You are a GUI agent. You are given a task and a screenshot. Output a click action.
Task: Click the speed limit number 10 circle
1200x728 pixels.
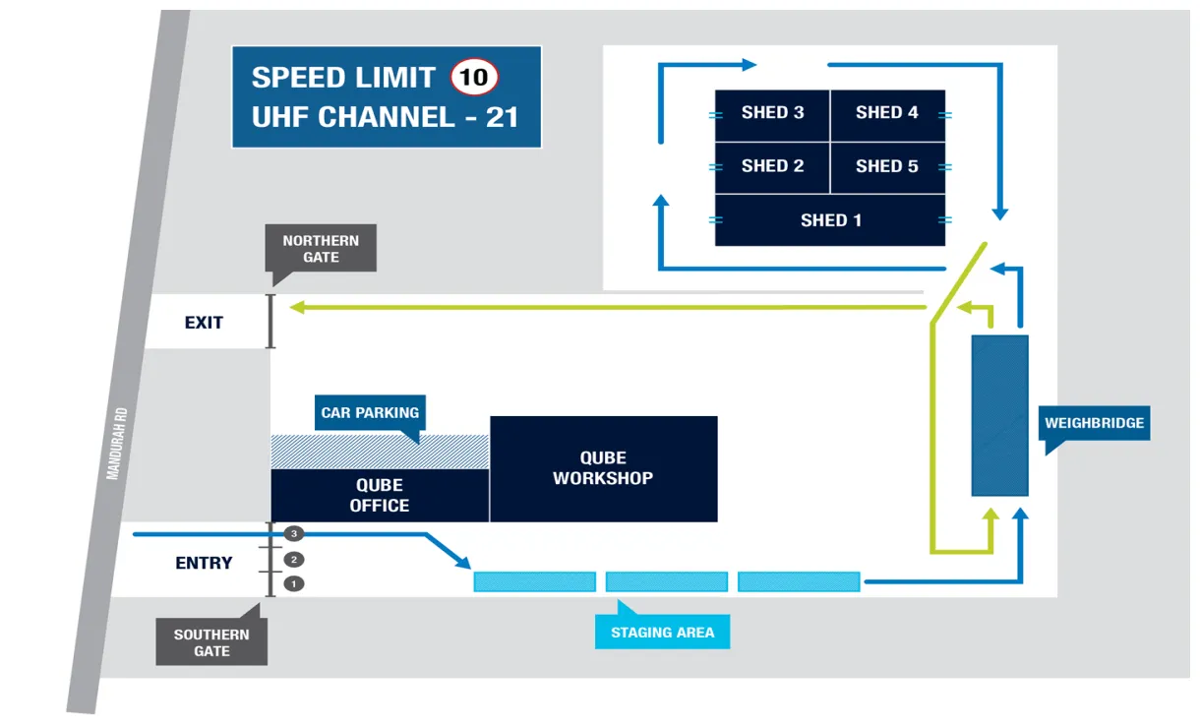(474, 77)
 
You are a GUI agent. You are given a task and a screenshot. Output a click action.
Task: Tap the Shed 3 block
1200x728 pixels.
(772, 114)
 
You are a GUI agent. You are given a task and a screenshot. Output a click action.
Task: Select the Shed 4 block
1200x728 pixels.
(887, 114)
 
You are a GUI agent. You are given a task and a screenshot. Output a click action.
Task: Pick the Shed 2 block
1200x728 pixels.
(772, 167)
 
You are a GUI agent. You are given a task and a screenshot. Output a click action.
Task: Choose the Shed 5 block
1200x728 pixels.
(887, 167)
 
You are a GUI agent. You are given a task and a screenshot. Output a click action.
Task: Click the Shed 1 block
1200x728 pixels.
(830, 220)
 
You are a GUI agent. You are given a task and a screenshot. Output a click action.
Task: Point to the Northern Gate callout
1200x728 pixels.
(321, 248)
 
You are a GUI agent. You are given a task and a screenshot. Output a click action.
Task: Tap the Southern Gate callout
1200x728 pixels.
(211, 642)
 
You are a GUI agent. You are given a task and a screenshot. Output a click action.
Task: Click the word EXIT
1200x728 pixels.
(204, 323)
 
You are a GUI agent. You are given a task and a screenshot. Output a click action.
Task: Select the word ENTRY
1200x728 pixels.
(204, 563)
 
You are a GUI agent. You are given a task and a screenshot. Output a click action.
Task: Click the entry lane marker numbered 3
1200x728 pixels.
(293, 533)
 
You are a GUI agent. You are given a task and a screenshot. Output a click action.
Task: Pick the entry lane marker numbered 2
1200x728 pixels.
(293, 560)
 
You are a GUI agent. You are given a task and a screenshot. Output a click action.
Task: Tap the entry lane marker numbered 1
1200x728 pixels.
(293, 584)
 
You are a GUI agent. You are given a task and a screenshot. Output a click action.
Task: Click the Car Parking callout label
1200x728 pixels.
(370, 413)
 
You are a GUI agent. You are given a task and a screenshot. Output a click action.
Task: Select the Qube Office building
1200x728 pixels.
(380, 495)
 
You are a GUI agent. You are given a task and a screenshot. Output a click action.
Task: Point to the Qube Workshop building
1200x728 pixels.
(603, 468)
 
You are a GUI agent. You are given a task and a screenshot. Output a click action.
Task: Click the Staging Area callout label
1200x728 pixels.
(662, 633)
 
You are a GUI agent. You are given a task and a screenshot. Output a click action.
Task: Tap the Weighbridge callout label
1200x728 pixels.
(1094, 423)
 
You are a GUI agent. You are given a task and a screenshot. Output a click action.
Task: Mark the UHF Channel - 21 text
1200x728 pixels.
(385, 117)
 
